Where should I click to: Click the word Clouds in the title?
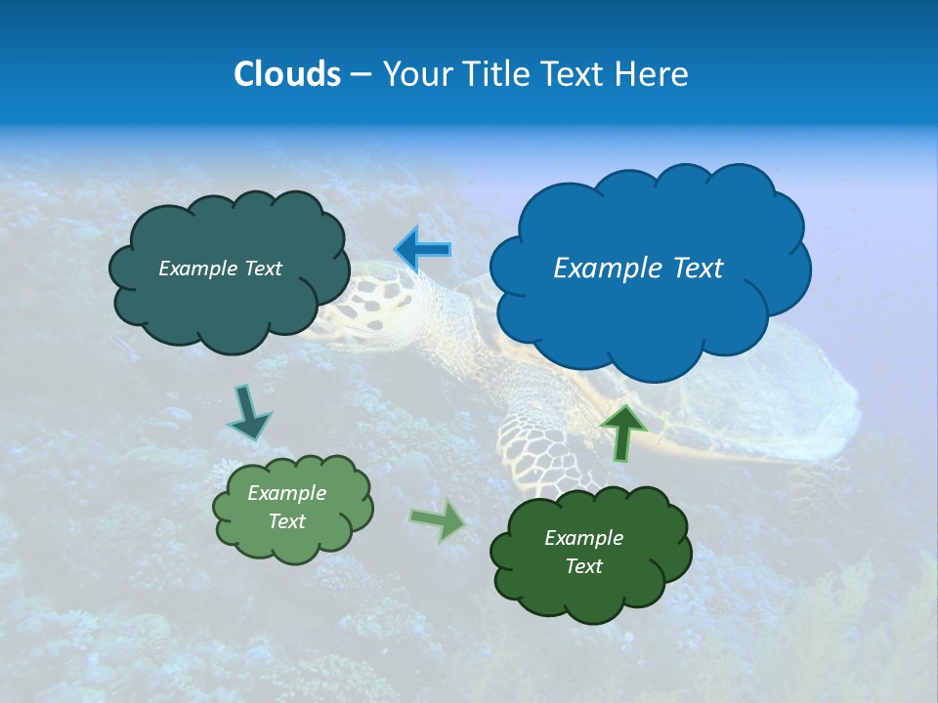[286, 74]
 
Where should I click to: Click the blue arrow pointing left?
[422, 250]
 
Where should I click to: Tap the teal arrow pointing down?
[248, 412]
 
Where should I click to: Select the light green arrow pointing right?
[438, 519]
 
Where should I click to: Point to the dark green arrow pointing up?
[622, 431]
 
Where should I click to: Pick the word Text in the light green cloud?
[286, 521]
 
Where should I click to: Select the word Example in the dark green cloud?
[583, 538]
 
